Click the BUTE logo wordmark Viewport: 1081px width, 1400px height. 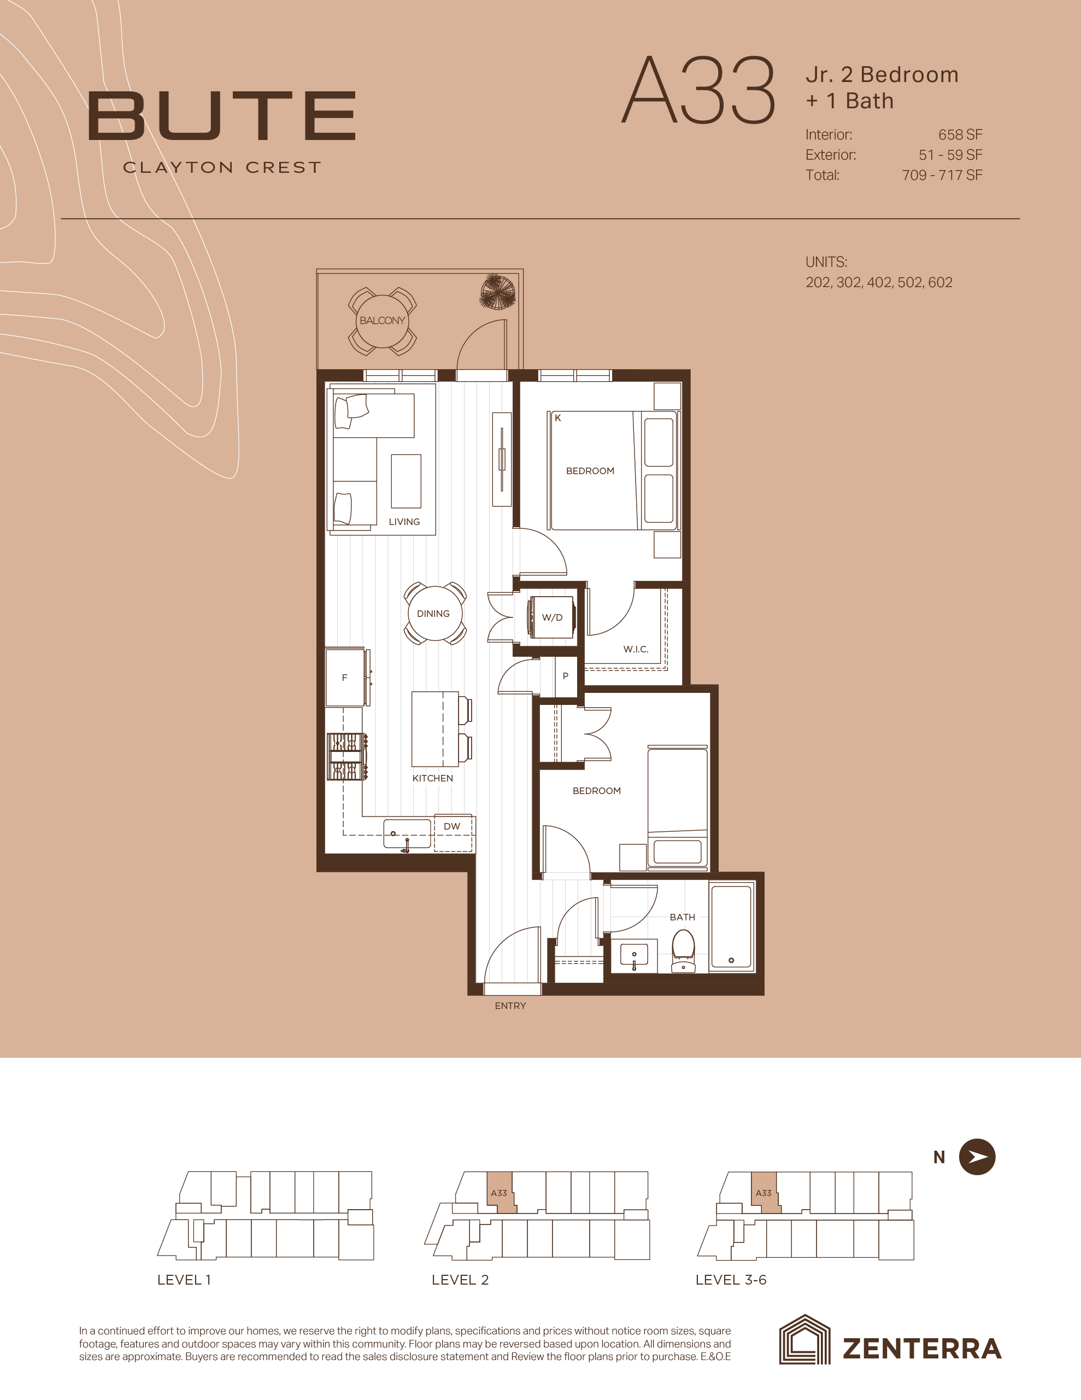pos(222,116)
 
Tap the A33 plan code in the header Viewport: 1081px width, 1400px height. pos(699,90)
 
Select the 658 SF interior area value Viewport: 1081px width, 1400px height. pos(960,135)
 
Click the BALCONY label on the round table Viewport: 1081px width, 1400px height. pos(383,320)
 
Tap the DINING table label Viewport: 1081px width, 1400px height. pos(433,614)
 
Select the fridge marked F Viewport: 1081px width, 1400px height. pos(346,678)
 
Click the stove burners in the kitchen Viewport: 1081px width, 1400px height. pos(346,757)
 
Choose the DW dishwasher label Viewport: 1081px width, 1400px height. pos(452,826)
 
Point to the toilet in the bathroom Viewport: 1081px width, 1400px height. pos(683,951)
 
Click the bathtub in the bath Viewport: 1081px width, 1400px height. pos(731,927)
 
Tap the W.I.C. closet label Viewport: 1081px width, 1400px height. pos(636,649)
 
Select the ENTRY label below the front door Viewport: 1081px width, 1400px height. pos(510,1006)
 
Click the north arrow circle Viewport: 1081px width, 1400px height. pos(977,1157)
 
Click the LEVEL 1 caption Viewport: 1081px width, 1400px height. pos(184,1280)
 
